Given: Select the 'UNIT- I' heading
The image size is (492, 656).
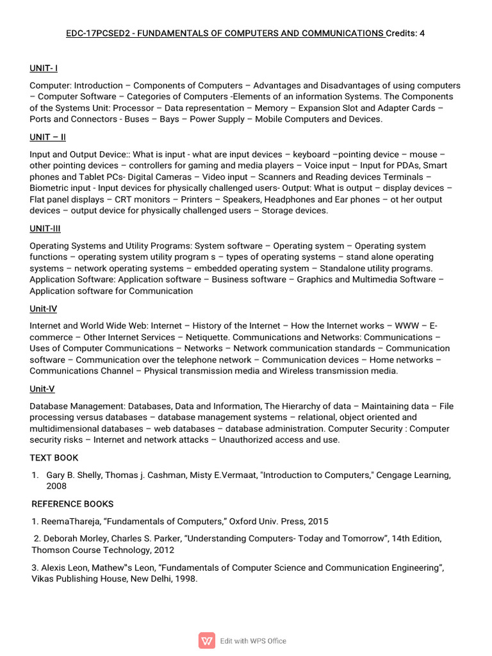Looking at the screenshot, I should tap(44, 68).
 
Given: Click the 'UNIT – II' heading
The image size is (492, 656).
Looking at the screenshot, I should tap(47, 137).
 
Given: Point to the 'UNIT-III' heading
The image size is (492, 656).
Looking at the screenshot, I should tap(45, 229).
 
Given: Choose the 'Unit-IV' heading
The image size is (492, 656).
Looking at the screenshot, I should tap(43, 309).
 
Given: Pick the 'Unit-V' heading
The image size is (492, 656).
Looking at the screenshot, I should tap(42, 389).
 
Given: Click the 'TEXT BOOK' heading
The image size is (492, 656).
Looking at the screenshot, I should tap(54, 457).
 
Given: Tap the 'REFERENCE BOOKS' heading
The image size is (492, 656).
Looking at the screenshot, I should tap(72, 504).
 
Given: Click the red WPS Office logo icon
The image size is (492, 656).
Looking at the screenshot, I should tap(207, 641).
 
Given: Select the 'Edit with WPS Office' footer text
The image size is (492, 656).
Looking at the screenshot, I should tap(253, 641).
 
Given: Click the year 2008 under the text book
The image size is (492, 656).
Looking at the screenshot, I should tap(56, 486).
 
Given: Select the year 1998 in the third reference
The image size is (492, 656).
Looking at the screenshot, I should tap(186, 578).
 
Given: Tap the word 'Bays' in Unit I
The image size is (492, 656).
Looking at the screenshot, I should tap(170, 119).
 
